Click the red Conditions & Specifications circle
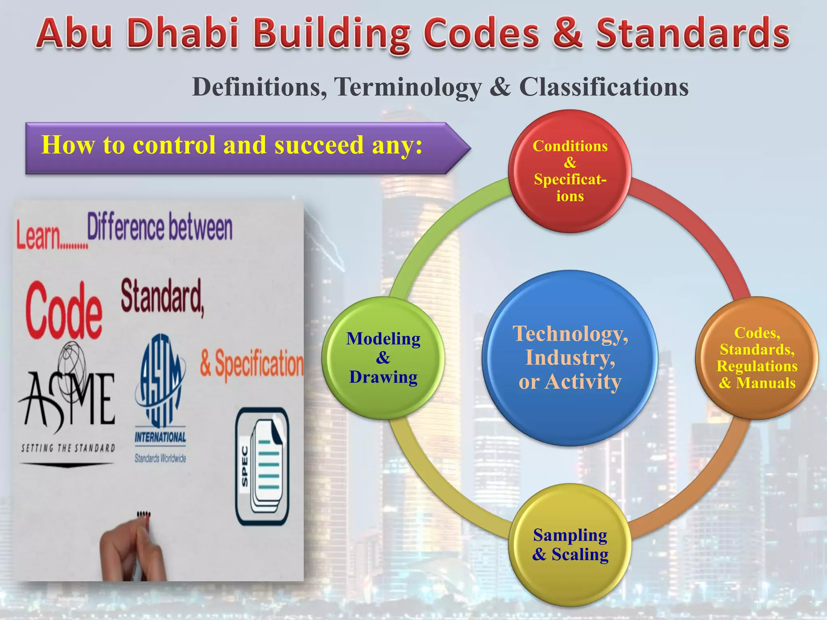570,171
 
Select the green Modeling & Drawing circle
383,358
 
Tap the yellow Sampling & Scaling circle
570,545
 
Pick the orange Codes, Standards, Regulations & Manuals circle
757,358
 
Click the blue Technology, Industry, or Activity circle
570,358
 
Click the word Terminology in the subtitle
408,87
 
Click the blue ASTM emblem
160,381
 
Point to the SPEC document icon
262,466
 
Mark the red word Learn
38,236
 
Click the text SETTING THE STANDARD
68,448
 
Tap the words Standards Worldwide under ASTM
160,458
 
